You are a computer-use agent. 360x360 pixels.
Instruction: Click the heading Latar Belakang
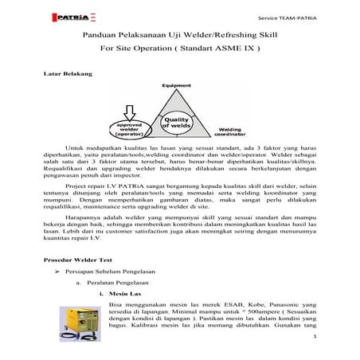66,73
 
